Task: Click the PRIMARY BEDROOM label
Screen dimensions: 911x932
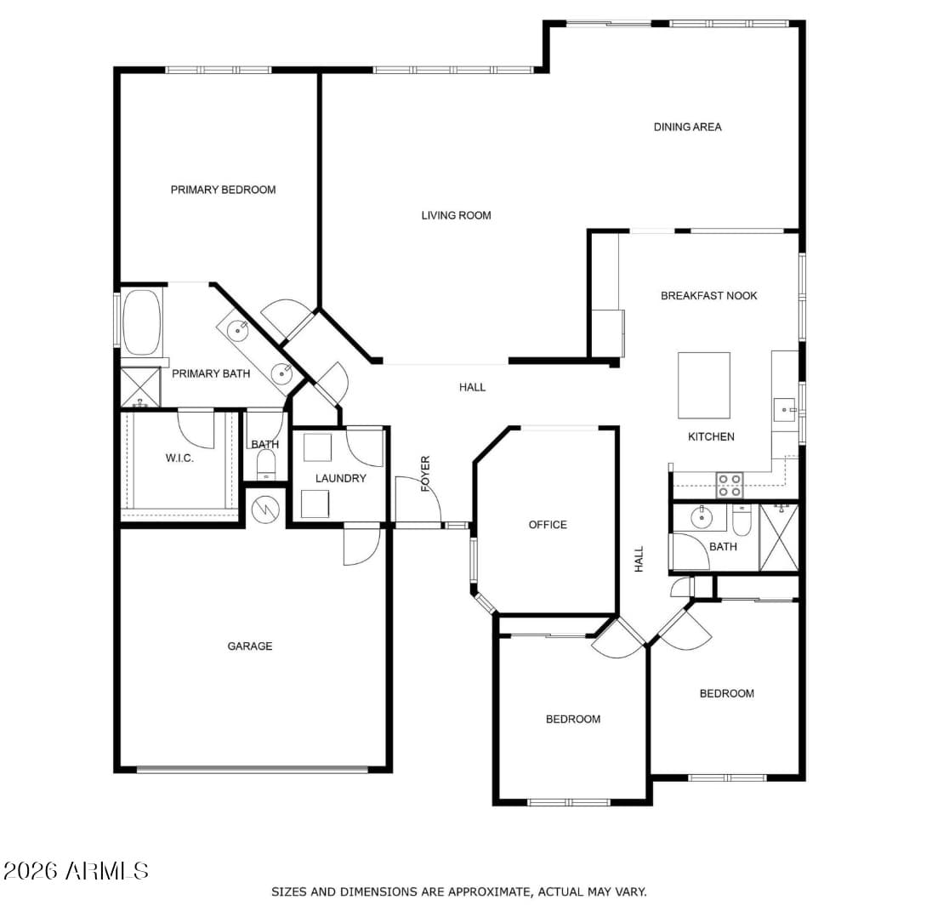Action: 223,190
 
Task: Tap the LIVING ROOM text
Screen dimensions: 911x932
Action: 456,215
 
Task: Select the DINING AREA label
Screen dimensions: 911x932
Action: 687,127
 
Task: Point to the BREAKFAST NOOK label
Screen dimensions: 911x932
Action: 708,295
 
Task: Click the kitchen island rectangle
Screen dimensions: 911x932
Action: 703,385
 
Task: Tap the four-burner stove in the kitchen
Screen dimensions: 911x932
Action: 729,485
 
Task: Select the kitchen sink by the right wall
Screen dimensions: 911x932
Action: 784,410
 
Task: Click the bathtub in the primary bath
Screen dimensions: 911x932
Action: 141,322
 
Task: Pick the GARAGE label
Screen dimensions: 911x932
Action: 249,646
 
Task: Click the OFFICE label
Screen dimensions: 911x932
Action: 547,525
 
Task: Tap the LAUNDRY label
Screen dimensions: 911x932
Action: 340,478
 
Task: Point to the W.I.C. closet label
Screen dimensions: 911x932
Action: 179,458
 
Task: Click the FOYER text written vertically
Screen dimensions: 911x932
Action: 425,474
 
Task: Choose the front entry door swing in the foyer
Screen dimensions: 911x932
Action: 417,502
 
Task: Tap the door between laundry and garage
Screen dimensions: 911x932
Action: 361,545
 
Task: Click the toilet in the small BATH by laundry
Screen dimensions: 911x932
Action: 266,464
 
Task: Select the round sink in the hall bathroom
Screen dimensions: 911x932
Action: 702,515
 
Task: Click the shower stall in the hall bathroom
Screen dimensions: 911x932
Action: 779,537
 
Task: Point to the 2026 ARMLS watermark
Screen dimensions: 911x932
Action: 76,870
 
